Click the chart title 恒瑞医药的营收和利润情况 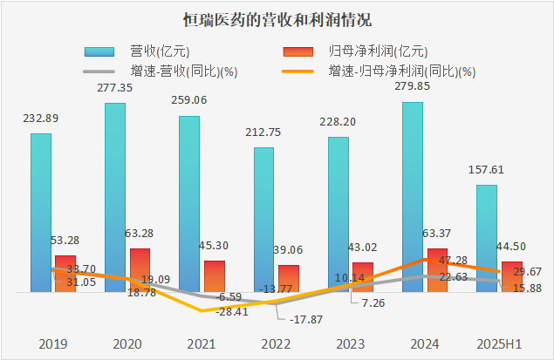(x=277, y=19)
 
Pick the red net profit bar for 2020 (x=140, y=269)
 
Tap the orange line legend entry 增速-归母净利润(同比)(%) (x=393, y=71)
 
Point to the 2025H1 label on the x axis (x=500, y=343)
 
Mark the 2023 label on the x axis (x=352, y=343)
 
